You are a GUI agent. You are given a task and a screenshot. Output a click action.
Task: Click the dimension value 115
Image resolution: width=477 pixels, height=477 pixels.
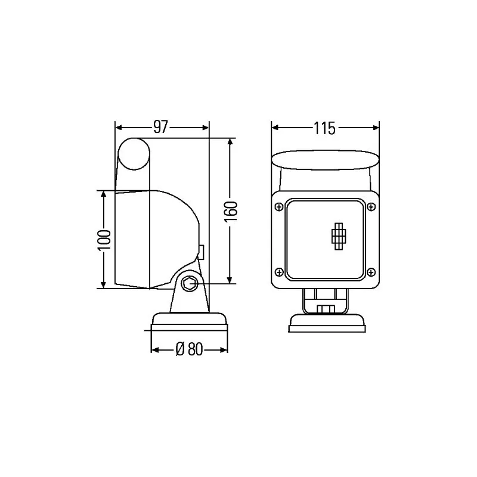point(325,127)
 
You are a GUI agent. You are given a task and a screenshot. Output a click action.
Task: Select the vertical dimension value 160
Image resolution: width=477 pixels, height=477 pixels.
point(232,212)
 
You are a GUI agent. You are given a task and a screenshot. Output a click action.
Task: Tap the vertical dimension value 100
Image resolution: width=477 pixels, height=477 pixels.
point(104,239)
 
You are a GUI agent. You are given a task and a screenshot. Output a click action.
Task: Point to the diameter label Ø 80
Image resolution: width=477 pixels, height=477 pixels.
point(190,350)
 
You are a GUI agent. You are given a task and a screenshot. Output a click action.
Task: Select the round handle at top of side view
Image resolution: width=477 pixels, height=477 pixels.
point(134,153)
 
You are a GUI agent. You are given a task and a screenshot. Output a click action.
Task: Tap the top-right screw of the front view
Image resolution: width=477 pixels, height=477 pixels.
point(371,206)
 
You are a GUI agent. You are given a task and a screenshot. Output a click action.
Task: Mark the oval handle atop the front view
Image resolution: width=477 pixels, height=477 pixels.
point(325,160)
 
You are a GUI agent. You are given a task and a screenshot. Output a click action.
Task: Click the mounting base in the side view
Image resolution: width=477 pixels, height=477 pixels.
point(190,321)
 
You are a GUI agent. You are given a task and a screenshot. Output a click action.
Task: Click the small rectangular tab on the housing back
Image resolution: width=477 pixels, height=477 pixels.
point(202,252)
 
